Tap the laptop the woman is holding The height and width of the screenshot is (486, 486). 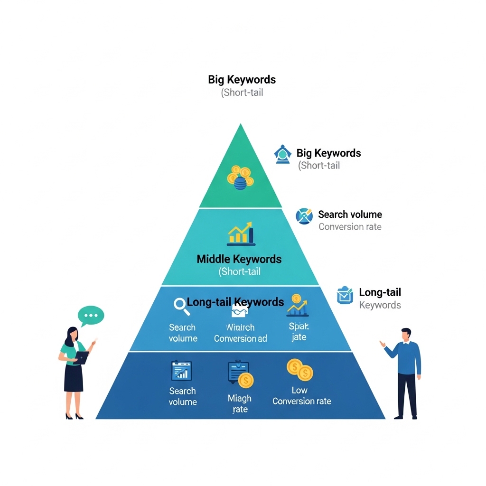(x=82, y=357)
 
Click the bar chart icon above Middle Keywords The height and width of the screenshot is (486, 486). (x=241, y=234)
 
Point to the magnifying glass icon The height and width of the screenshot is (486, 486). (x=180, y=304)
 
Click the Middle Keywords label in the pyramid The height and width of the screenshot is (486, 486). (x=239, y=259)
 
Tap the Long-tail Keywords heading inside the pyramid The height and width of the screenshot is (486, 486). (x=235, y=302)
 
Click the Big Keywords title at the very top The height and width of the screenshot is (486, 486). (x=242, y=79)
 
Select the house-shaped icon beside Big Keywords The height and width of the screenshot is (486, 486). (x=282, y=154)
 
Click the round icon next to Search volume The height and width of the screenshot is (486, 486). (x=304, y=216)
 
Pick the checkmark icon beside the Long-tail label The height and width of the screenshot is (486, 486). (x=345, y=295)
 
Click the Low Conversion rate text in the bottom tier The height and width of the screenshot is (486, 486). (x=301, y=396)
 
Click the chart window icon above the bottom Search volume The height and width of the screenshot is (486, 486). (x=181, y=371)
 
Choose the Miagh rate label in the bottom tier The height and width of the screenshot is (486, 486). (x=240, y=404)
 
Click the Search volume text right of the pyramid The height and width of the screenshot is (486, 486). (x=350, y=215)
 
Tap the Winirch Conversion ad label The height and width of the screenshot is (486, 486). (x=240, y=333)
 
